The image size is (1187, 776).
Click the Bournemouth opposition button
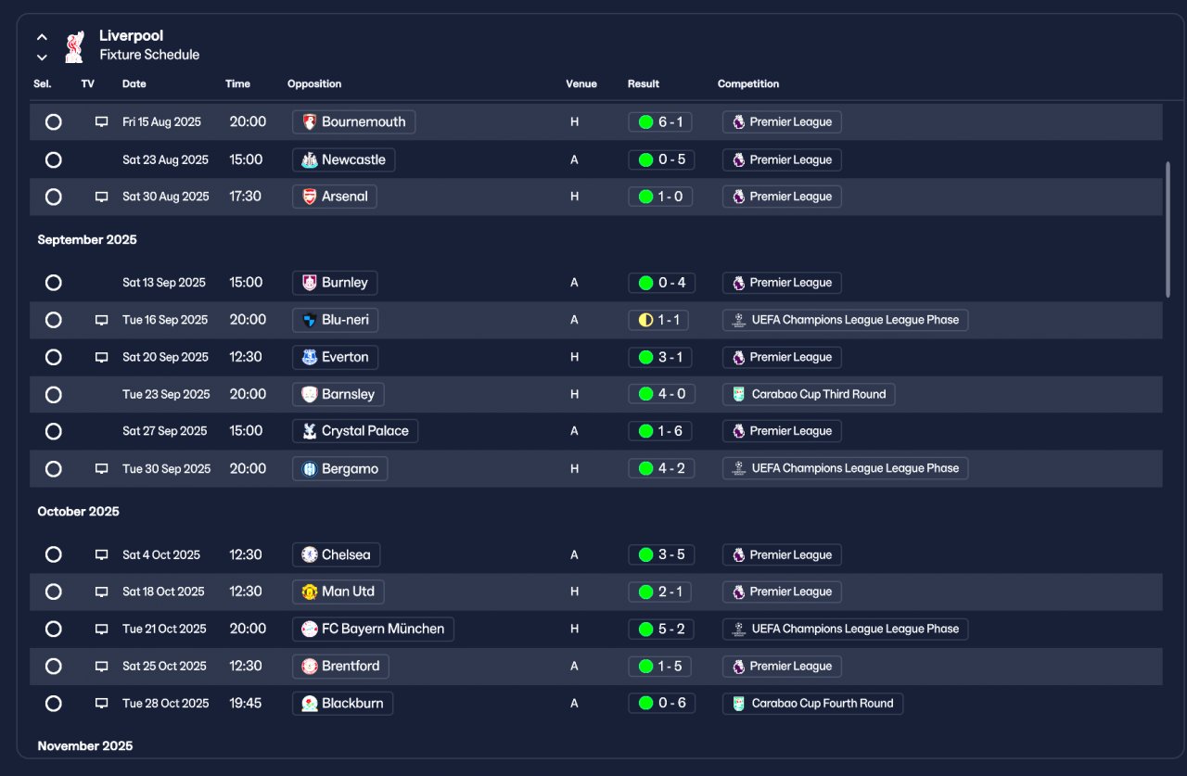(353, 121)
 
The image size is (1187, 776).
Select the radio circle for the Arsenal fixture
(54, 197)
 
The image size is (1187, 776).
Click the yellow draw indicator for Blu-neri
(645, 320)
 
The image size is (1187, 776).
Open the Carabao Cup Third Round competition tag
(809, 394)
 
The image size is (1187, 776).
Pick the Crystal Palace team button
(355, 431)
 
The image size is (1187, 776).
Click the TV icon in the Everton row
(101, 357)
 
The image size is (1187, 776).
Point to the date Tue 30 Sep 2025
(166, 469)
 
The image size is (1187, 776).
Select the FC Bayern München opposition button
(373, 629)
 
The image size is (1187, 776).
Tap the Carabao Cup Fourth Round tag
(813, 704)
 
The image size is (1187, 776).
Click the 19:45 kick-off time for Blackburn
(246, 704)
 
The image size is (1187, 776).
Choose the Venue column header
(581, 83)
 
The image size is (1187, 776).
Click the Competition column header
(748, 83)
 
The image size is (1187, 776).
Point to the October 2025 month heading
(79, 511)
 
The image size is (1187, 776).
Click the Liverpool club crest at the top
(75, 46)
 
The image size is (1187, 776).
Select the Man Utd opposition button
(338, 592)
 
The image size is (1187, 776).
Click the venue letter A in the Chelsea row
(574, 554)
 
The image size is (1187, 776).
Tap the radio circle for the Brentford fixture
(54, 667)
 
